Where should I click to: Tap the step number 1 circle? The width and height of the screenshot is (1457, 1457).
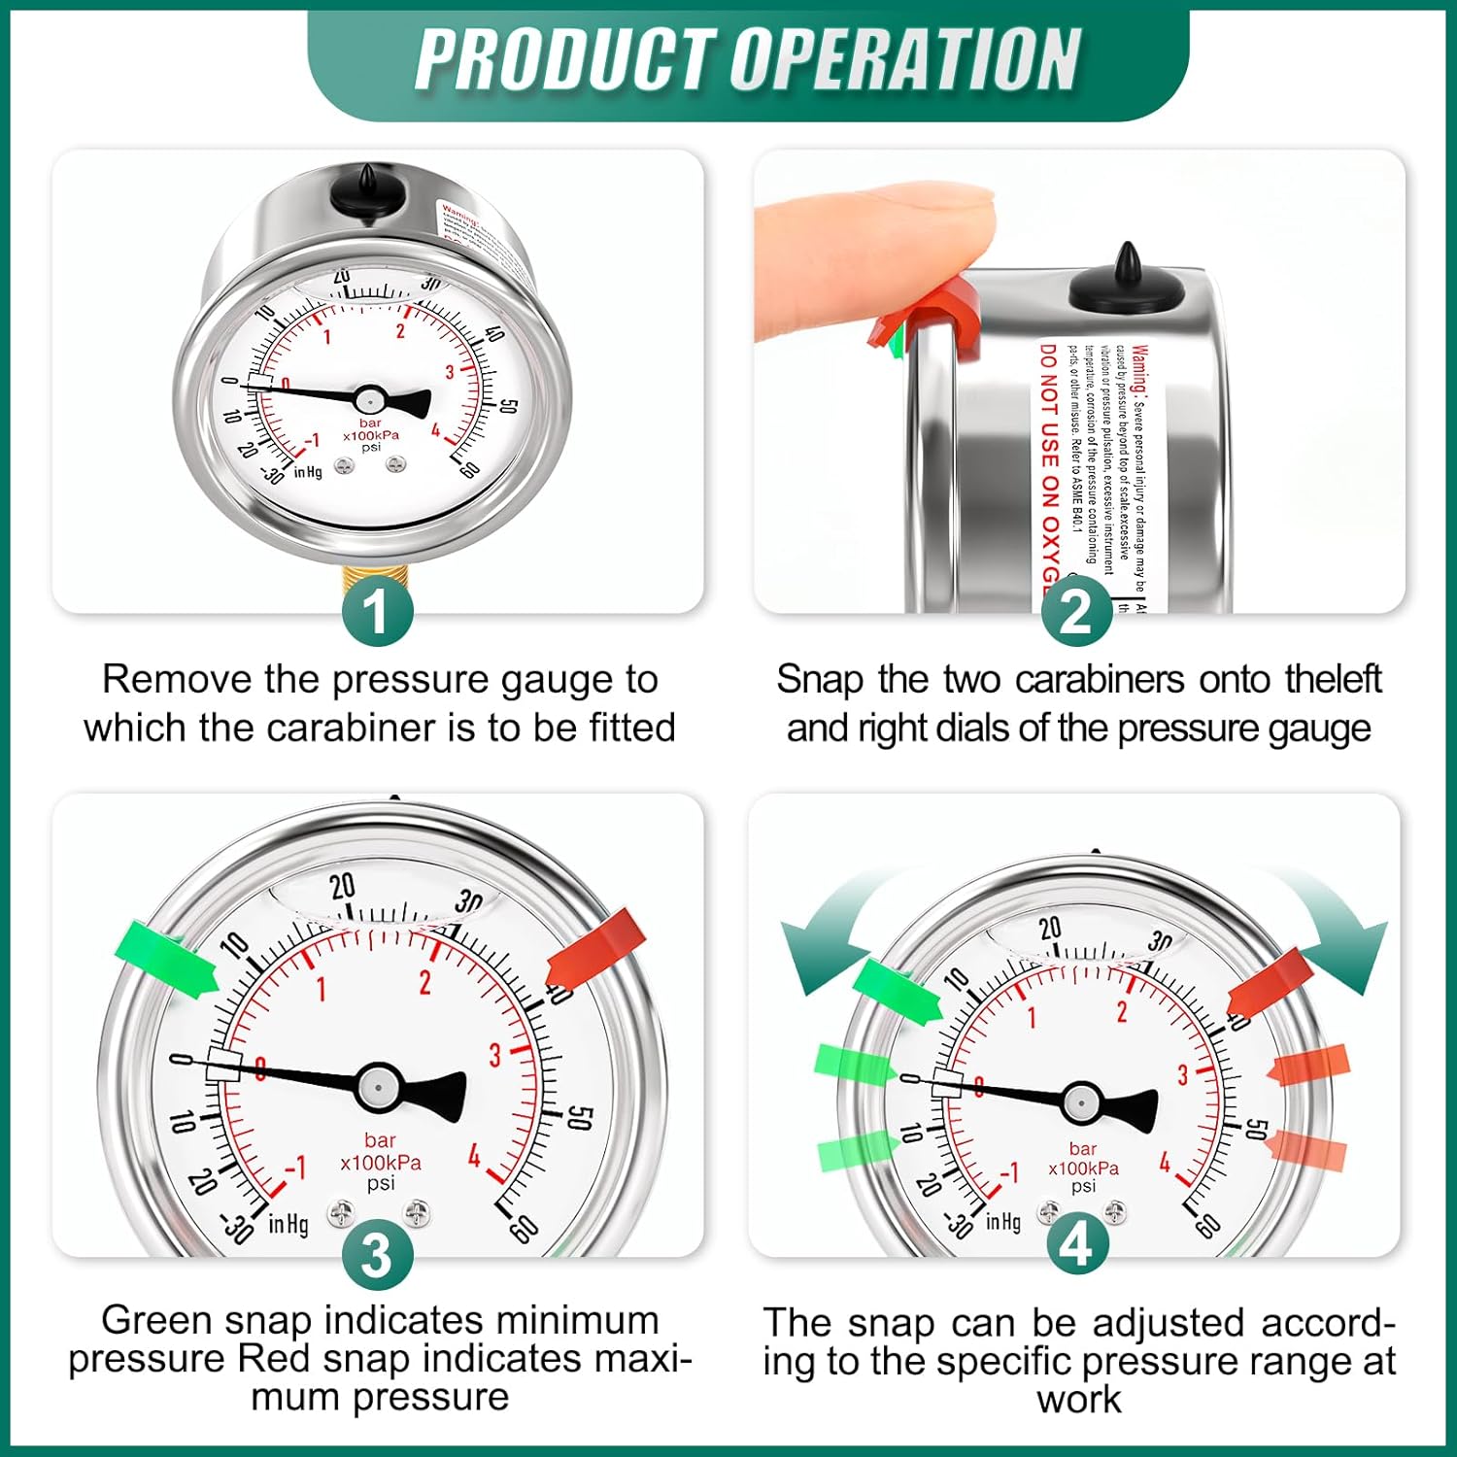click(377, 611)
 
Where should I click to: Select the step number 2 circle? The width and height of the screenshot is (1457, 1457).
click(1076, 611)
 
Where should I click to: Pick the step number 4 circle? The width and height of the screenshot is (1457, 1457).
click(1076, 1244)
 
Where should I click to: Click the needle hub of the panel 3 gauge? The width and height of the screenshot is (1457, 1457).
click(379, 1086)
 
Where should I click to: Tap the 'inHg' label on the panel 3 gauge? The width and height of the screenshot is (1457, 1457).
click(288, 1224)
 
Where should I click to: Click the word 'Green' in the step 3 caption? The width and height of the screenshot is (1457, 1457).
click(156, 1321)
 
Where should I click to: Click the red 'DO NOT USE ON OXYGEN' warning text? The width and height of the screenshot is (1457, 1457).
click(1049, 466)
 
